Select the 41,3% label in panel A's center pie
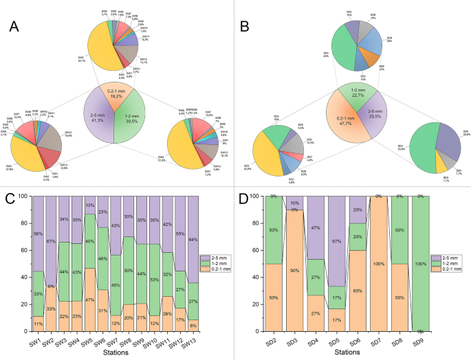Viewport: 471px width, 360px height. tap(98, 119)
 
